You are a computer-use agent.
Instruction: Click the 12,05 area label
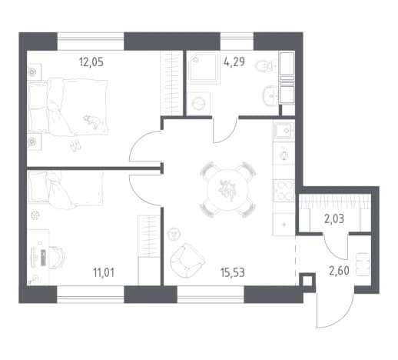tap(91, 62)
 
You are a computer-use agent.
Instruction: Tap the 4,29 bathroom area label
tap(234, 62)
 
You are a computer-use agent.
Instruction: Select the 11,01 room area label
tap(104, 272)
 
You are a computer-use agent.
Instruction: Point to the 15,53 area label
tap(233, 273)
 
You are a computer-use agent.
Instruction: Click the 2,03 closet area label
tap(334, 219)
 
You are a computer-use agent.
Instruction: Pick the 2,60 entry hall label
tap(339, 271)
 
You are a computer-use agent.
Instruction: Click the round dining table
tap(228, 190)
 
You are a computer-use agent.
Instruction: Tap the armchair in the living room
tap(187, 260)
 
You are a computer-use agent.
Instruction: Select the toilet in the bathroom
tap(267, 65)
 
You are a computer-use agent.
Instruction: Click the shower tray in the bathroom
tap(204, 68)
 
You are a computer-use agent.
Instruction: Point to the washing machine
tap(199, 104)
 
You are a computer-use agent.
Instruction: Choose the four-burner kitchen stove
tap(284, 191)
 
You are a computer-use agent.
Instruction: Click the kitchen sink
tap(284, 131)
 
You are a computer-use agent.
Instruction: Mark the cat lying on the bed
tap(91, 122)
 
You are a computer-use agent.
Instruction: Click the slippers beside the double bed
tap(75, 145)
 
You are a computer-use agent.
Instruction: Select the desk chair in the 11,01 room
tap(57, 258)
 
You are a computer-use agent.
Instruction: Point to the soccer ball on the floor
tap(35, 216)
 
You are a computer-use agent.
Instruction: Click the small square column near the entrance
tap(307, 282)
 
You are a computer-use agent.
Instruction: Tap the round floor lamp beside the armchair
tap(174, 234)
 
